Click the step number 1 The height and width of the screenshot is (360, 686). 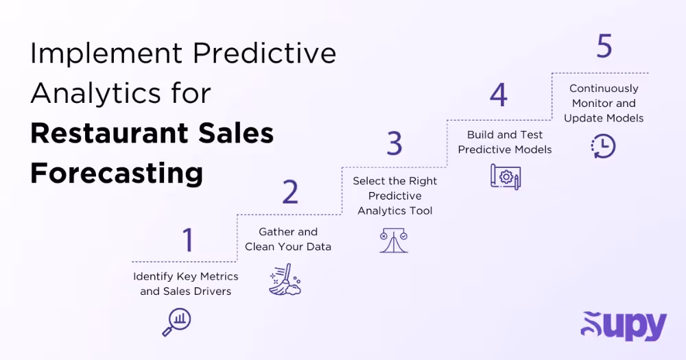[x=187, y=241]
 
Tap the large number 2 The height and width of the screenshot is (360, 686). [x=290, y=193]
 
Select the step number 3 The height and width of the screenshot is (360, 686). [x=394, y=144]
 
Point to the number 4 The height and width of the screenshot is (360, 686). [x=499, y=95]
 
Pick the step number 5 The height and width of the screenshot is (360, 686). [x=604, y=47]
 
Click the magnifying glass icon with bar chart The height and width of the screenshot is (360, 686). [x=176, y=322]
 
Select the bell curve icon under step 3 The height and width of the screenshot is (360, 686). [x=394, y=241]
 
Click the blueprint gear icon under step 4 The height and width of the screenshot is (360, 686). [x=506, y=176]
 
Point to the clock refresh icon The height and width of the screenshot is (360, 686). [x=604, y=145]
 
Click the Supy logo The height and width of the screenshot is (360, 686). [x=624, y=326]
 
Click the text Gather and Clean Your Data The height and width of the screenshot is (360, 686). [x=288, y=239]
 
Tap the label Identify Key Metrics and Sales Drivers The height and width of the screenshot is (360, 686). [x=186, y=284]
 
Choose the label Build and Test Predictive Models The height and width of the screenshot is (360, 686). [x=505, y=142]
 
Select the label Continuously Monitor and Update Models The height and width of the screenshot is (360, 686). [x=604, y=103]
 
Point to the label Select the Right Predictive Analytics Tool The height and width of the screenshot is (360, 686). [x=395, y=196]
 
